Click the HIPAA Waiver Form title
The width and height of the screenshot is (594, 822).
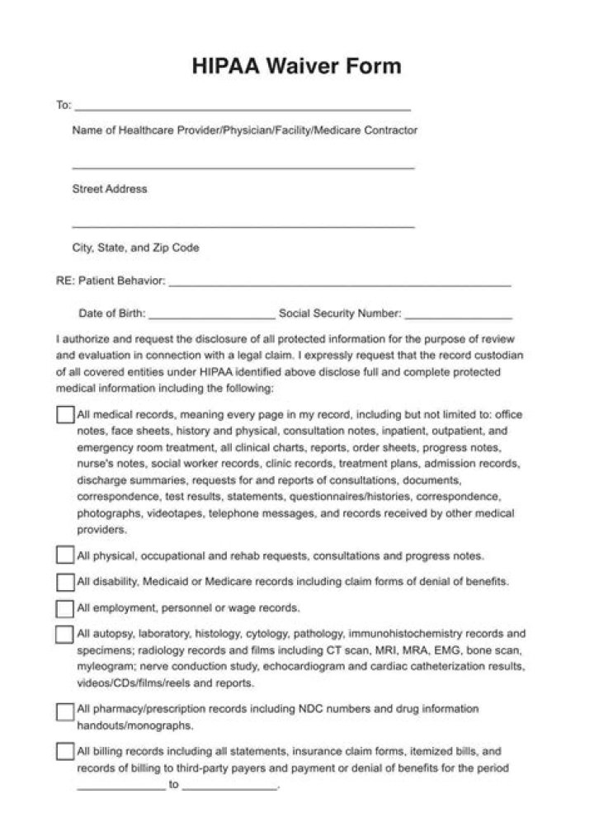point(297,66)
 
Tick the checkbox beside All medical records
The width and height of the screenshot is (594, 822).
point(65,415)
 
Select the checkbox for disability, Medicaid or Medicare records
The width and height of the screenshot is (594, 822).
point(65,582)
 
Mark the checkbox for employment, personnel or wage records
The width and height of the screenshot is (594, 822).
point(65,609)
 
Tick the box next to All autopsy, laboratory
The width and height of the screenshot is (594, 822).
point(65,635)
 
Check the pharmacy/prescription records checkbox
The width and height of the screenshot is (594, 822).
point(65,711)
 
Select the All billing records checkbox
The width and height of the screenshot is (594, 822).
point(65,752)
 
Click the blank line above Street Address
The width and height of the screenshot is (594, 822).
point(243,168)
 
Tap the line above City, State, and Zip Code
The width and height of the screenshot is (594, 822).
point(243,226)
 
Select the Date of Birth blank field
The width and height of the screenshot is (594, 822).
point(212,316)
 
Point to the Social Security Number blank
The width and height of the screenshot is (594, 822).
point(459,316)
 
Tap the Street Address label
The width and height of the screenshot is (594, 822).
point(110,189)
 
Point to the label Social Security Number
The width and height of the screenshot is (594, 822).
point(340,314)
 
